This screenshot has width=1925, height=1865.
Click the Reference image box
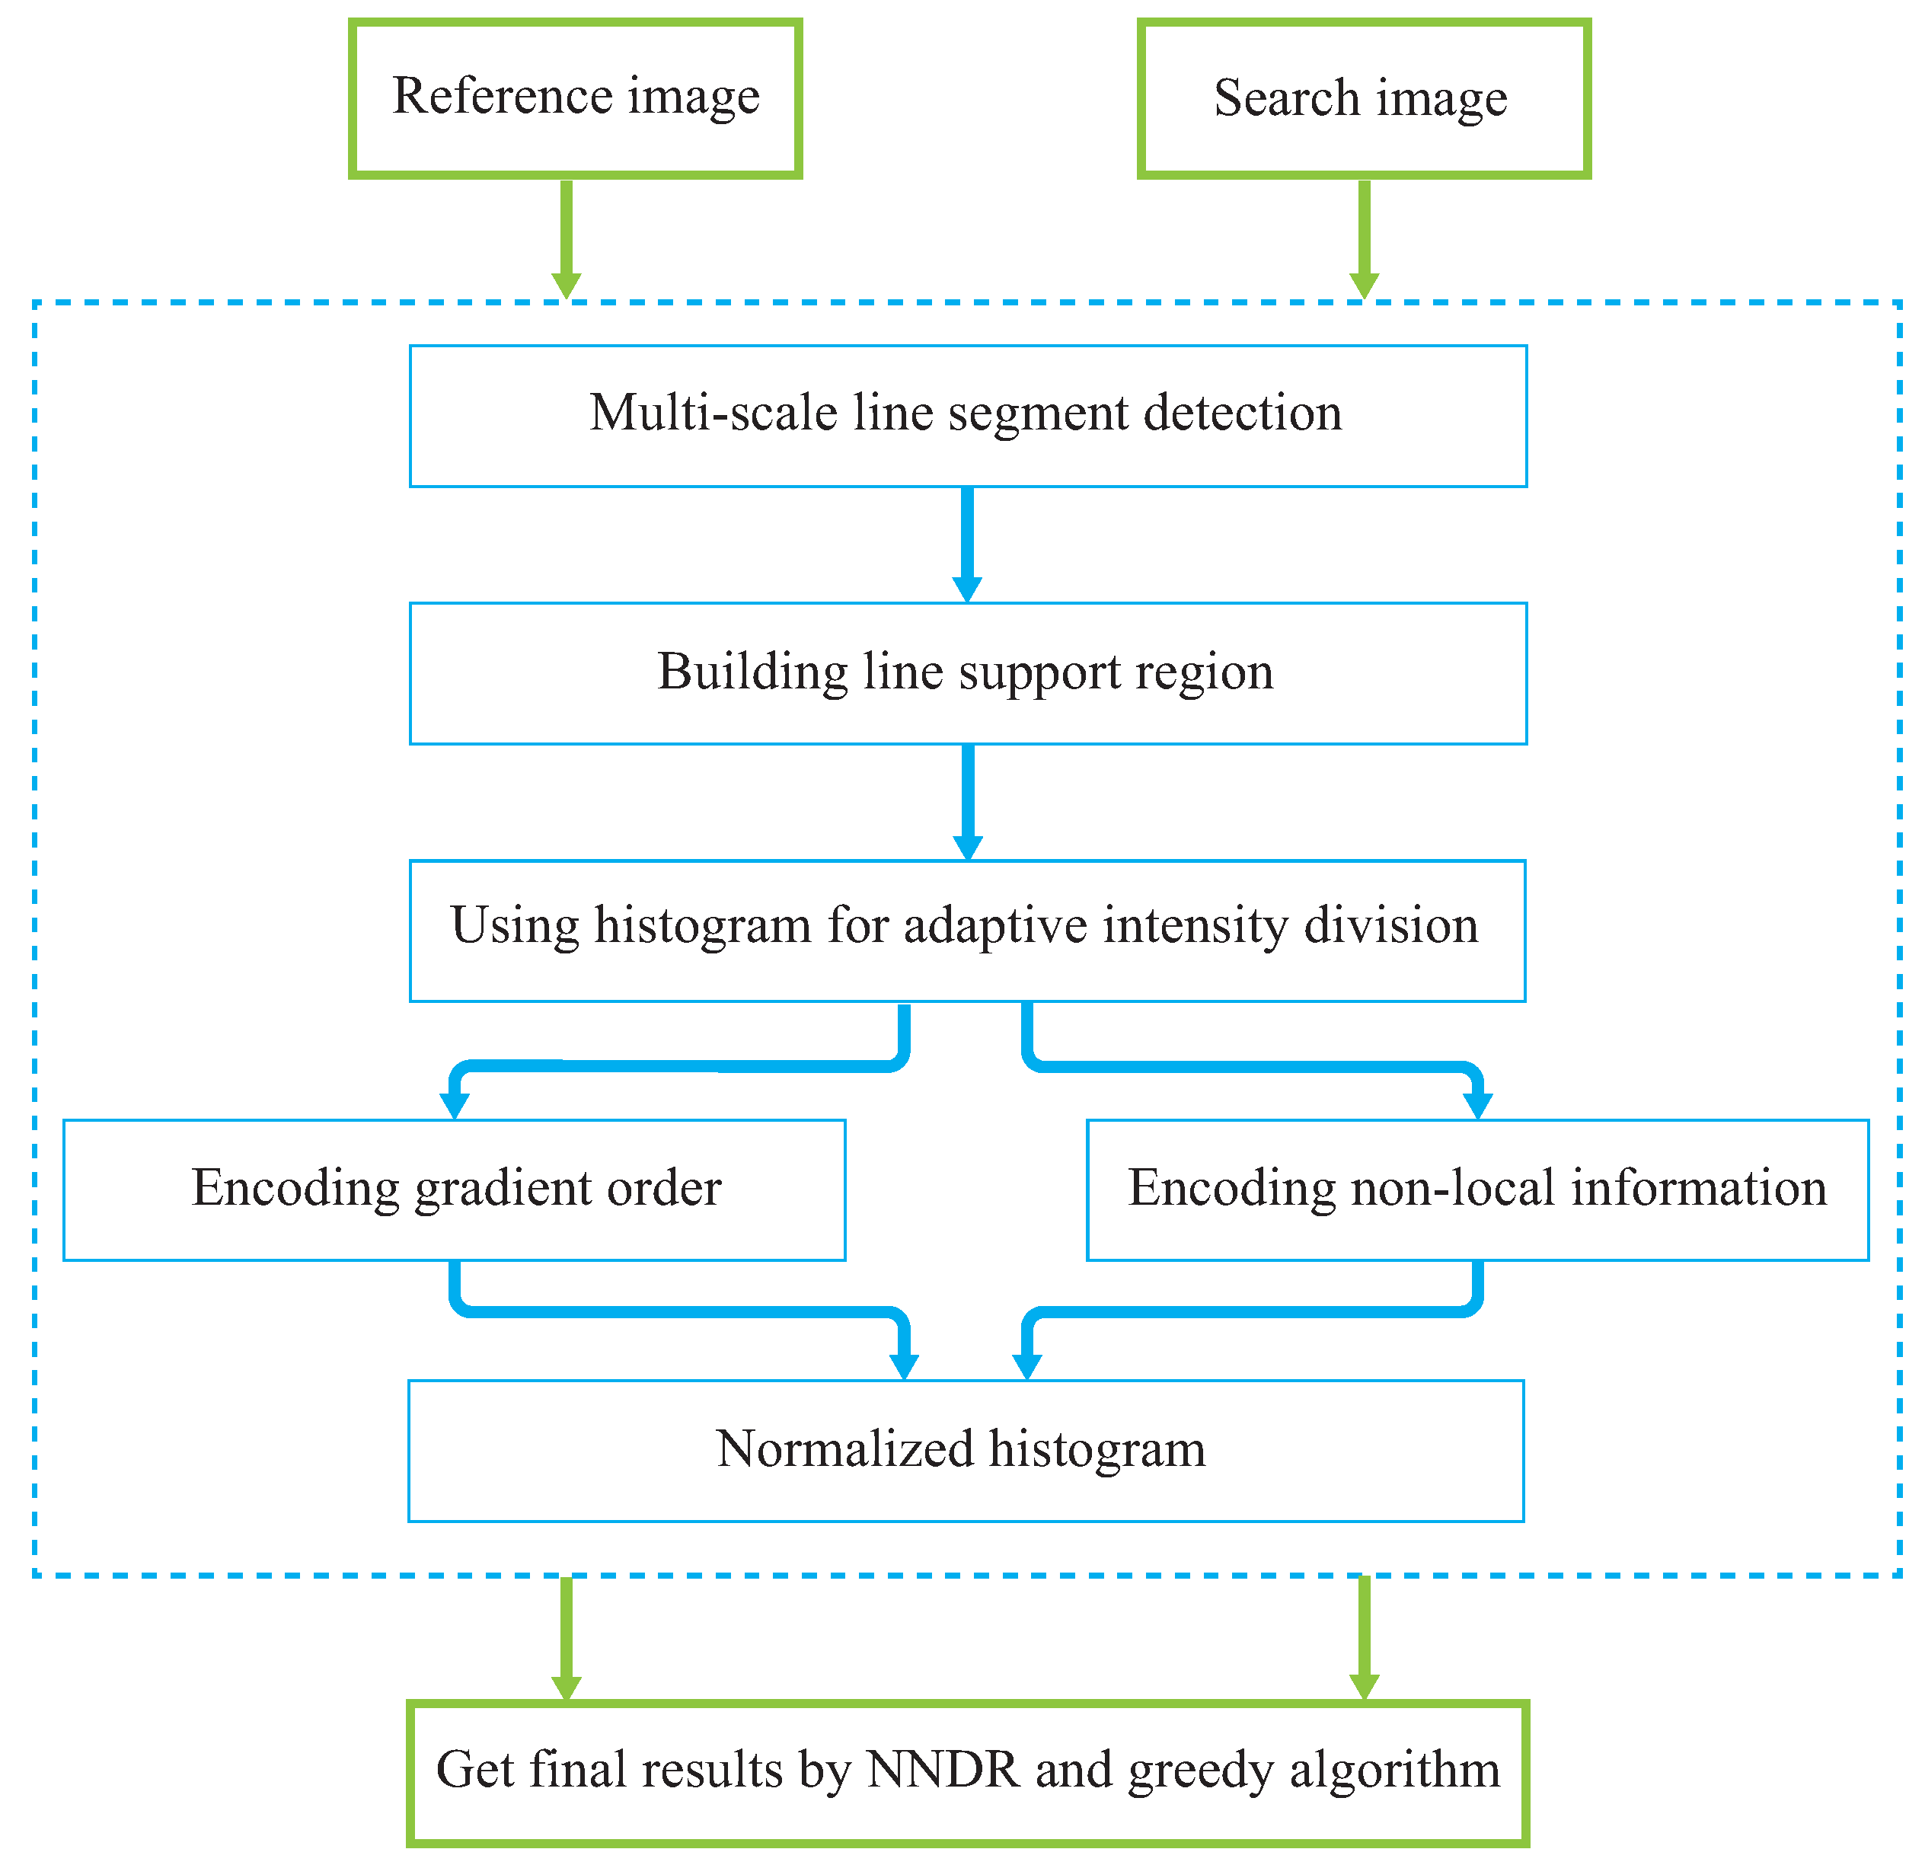(x=576, y=98)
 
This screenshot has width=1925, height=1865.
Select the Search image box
(x=1363, y=98)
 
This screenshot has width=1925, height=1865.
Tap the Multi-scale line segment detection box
(x=967, y=416)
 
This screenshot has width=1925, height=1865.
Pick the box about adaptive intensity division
(x=967, y=930)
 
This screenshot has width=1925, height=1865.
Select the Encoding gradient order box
(x=455, y=1190)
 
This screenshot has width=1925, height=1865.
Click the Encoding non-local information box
(x=1477, y=1190)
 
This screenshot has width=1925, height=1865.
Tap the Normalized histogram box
(x=966, y=1451)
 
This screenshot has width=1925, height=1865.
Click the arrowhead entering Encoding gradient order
(x=455, y=1103)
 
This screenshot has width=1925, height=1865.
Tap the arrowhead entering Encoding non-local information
(x=1477, y=1103)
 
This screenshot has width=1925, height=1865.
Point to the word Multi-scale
(x=713, y=413)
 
